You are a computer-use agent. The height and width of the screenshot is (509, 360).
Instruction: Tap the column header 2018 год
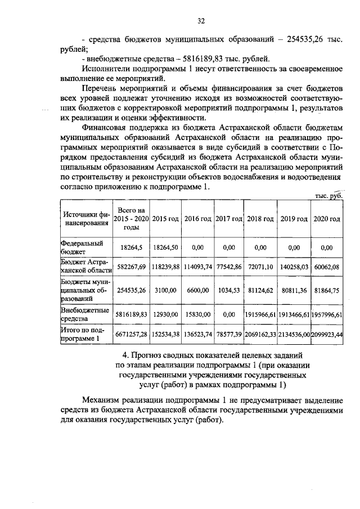260,219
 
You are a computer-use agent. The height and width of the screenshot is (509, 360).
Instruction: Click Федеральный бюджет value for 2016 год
197,247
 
